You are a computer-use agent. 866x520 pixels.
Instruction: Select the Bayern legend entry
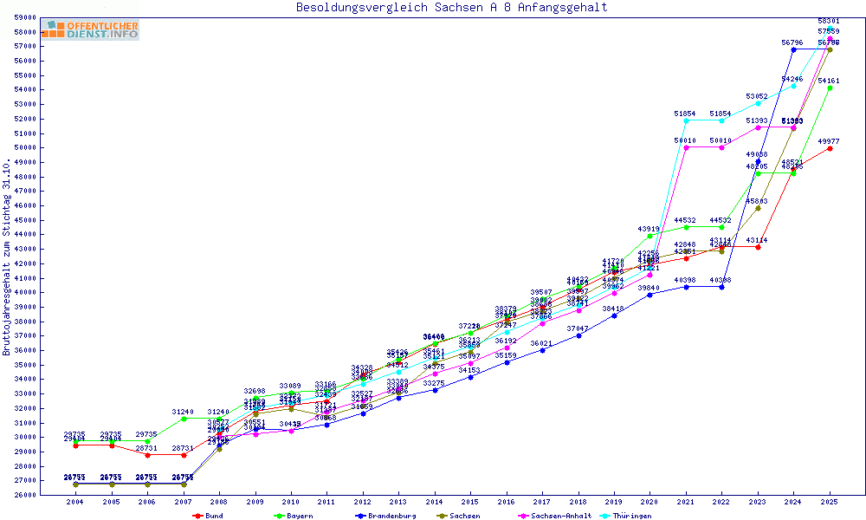[x=295, y=516]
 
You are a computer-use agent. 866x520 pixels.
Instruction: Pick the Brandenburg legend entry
[x=385, y=516]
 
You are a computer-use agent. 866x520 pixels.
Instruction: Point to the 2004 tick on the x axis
[x=75, y=502]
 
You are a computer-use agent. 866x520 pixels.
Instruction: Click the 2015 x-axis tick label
[x=469, y=502]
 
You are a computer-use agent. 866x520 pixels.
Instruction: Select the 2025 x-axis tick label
[x=829, y=502]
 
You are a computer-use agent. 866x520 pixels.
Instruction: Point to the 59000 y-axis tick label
[x=24, y=17]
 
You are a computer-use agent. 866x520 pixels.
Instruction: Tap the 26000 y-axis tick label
[x=24, y=495]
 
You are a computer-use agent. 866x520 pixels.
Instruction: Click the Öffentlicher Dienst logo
[x=90, y=30]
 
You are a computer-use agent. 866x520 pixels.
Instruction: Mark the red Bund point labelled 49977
[x=830, y=148]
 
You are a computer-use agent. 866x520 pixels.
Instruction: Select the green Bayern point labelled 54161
[x=830, y=88]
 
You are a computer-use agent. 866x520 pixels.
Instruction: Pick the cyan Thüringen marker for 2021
[x=686, y=120]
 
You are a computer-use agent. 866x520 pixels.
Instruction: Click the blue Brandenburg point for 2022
[x=722, y=286]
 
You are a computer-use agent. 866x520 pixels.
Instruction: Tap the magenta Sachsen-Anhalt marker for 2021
[x=686, y=147]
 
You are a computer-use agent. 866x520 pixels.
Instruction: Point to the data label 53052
[x=757, y=96]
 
